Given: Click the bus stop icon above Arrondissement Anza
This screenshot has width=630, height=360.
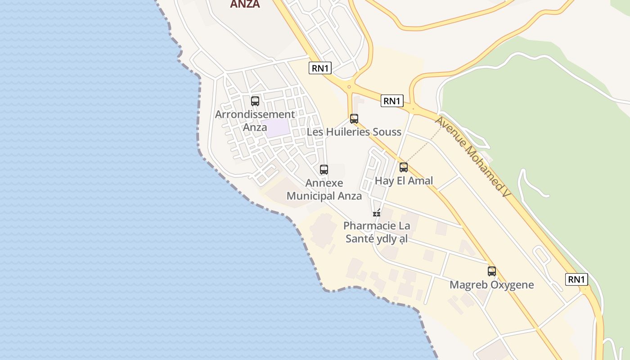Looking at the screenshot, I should coord(255,101).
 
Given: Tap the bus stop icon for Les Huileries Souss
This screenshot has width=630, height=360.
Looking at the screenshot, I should coord(354,119).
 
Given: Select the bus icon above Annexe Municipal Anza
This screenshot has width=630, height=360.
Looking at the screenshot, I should coord(324,170).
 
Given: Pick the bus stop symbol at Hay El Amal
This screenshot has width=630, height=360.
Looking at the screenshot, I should coord(404,167).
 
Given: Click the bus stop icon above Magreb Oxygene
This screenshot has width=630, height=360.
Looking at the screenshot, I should coord(492,271).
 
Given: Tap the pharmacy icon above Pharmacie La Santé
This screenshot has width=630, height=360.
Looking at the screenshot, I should coord(377,213).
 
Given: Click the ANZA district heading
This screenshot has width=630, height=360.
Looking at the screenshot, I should coord(245,4).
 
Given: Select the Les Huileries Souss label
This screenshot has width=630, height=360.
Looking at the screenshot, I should coord(354,132).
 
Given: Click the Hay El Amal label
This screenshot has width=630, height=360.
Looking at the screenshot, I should coord(404,181).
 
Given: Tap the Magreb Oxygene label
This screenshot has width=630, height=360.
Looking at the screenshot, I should coord(492,285).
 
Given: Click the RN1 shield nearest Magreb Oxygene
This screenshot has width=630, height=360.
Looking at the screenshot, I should coord(576,279).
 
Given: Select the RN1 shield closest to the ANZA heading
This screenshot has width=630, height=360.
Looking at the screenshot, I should coord(320,68).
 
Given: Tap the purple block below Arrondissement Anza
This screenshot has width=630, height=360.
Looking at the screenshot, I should coord(275,128).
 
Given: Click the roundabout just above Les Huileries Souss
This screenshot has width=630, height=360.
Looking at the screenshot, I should coord(349,86).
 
